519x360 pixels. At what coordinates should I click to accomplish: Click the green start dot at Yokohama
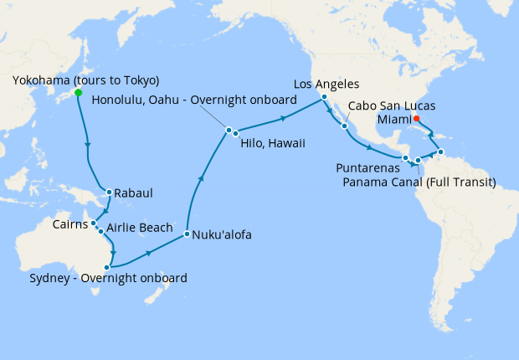(x=78, y=93)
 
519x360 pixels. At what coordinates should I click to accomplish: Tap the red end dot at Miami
(x=417, y=118)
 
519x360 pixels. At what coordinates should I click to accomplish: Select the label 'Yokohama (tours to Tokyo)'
(x=86, y=80)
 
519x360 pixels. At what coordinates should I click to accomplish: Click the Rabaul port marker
(x=108, y=190)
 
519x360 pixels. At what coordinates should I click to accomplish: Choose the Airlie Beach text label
(x=140, y=228)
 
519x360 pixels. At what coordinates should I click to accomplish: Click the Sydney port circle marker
(x=106, y=267)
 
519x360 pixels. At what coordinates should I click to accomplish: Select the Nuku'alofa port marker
(x=186, y=234)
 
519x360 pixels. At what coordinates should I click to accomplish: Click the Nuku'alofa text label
(x=222, y=235)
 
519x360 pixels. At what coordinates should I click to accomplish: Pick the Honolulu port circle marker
(x=228, y=129)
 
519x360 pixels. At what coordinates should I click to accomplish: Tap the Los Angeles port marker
(x=324, y=98)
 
